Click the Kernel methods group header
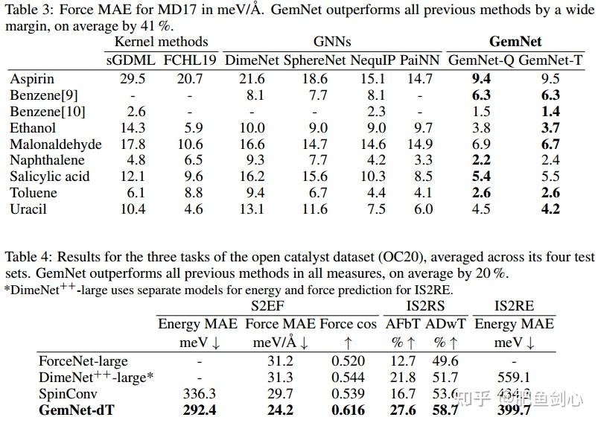[156, 42]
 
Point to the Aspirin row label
[32, 78]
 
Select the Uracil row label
[28, 209]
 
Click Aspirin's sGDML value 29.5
[122, 78]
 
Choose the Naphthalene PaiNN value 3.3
[423, 160]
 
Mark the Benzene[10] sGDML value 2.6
[122, 111]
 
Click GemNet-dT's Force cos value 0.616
[349, 409]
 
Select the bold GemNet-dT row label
[75, 409]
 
